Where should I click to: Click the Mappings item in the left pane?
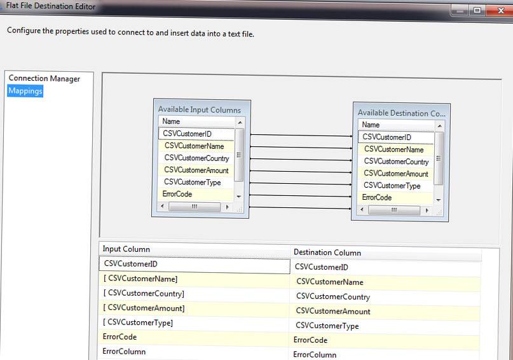(25, 91)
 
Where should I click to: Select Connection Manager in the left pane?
(44, 78)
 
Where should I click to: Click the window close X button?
(500, 10)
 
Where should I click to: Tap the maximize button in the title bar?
(477, 10)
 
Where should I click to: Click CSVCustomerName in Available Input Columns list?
(195, 146)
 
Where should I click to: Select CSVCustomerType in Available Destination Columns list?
(392, 186)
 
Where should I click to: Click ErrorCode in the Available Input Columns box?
(177, 194)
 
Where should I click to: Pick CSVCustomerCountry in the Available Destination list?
(396, 162)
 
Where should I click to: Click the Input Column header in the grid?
(127, 249)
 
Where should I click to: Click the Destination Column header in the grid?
(327, 253)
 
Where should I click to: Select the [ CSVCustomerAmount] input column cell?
(144, 308)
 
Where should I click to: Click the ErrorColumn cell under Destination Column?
(315, 354)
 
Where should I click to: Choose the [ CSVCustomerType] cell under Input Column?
(138, 322)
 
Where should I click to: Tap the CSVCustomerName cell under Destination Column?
(330, 282)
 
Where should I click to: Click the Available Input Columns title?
(200, 109)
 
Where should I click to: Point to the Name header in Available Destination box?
(371, 125)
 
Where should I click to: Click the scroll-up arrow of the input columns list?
(240, 122)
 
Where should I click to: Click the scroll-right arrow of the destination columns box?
(427, 211)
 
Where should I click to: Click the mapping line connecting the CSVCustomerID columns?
(301, 135)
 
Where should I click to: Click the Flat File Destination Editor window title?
(51, 6)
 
